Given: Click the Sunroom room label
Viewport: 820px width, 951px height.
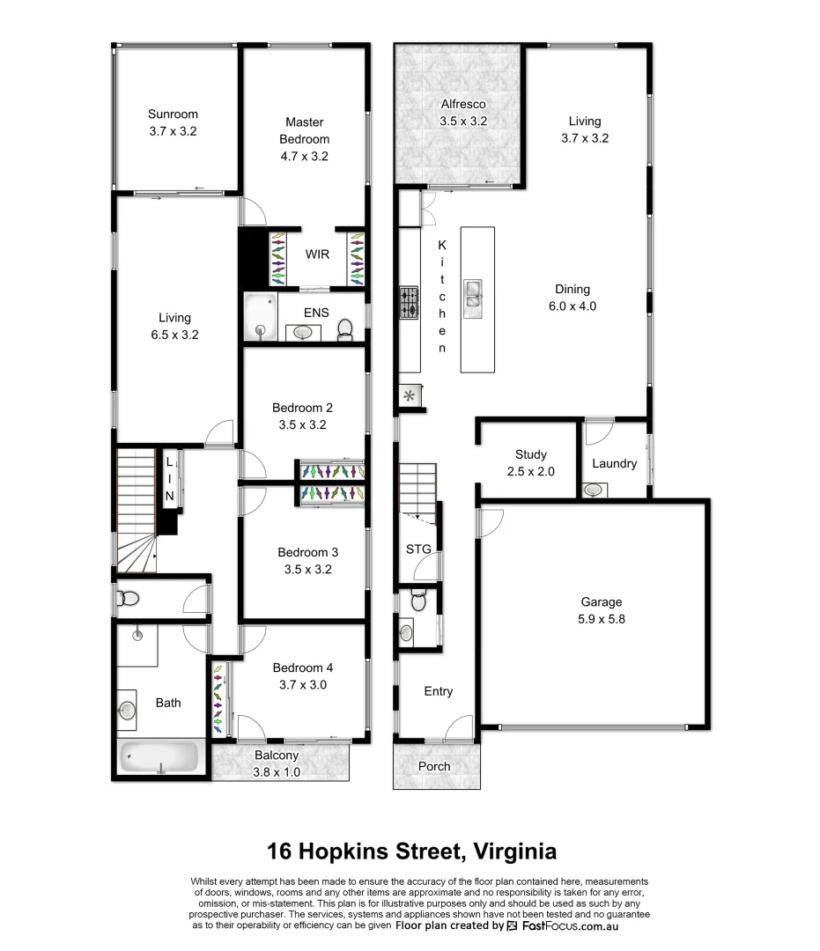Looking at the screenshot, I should click(x=173, y=114).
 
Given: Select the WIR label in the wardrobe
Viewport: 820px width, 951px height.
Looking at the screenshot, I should click(x=317, y=254).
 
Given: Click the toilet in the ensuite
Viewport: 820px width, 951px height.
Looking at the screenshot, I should click(x=345, y=330).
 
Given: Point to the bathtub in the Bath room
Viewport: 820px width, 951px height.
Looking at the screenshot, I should click(x=159, y=757).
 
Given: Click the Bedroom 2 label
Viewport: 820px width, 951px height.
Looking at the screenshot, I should click(x=302, y=408).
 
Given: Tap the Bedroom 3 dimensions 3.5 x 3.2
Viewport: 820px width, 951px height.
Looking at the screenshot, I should click(x=307, y=569).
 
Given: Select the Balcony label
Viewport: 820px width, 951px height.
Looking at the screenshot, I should click(x=277, y=755).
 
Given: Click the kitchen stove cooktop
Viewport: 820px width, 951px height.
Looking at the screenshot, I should click(x=410, y=302).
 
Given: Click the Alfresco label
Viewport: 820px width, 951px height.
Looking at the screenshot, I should click(x=463, y=105).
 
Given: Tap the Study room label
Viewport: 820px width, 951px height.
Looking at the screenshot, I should click(x=531, y=454).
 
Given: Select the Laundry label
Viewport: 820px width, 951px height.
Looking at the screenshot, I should click(x=614, y=463).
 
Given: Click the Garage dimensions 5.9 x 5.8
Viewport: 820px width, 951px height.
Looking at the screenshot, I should click(x=601, y=619).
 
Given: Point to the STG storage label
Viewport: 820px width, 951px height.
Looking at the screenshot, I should click(x=418, y=549).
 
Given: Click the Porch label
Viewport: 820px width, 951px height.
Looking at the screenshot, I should click(x=434, y=766).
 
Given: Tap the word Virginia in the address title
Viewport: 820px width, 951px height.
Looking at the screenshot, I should click(x=514, y=851).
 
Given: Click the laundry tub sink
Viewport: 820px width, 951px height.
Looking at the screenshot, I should click(x=594, y=490).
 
